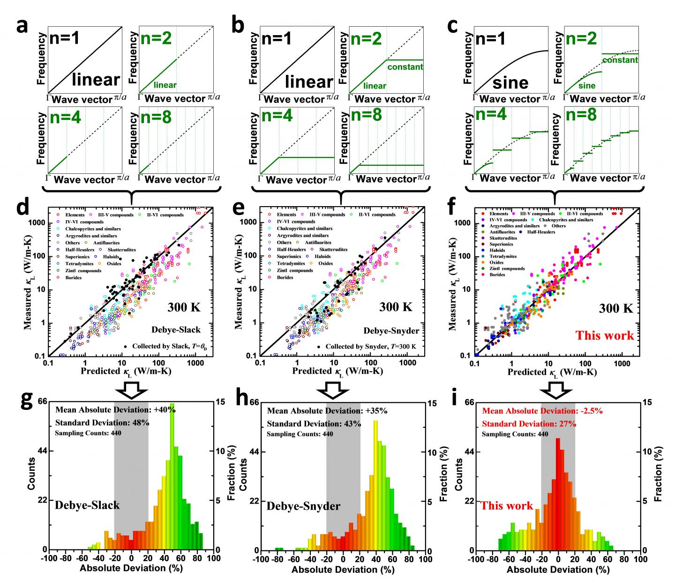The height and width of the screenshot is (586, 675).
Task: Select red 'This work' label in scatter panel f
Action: point(605,335)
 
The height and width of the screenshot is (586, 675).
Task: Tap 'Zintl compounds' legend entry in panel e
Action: point(294,270)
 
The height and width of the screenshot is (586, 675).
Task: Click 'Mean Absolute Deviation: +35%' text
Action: point(327,411)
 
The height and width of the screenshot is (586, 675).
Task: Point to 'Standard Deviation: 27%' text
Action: point(529,423)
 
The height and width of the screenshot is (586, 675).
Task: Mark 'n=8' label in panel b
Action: point(368,115)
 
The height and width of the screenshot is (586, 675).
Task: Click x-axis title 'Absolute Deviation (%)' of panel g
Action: point(131,569)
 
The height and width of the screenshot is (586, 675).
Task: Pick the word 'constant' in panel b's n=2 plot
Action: point(405,67)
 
